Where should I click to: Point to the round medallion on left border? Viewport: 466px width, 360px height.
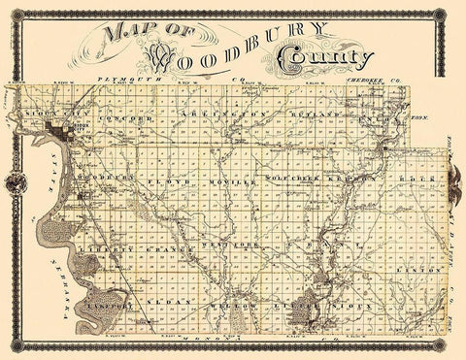(x=13, y=180)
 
